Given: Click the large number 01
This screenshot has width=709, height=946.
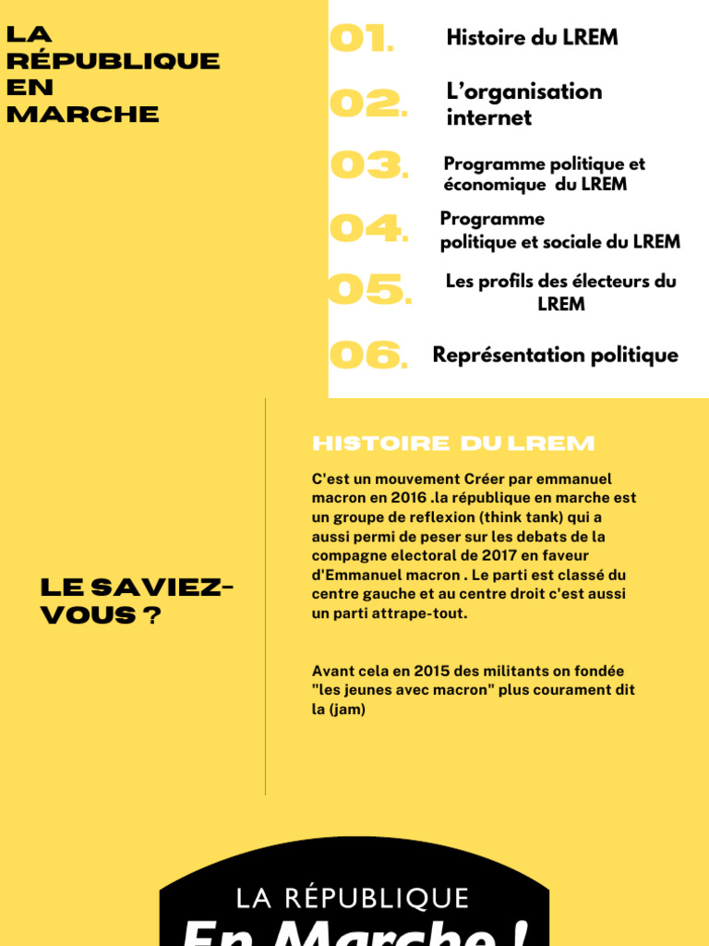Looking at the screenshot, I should click(361, 39).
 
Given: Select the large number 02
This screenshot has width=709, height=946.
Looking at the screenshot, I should click(367, 103).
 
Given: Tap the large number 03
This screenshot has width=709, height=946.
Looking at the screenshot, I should click(367, 165).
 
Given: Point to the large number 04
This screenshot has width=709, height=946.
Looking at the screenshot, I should click(367, 227).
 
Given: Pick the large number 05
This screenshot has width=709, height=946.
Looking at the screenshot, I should click(367, 289).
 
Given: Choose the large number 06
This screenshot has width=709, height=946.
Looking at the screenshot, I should click(367, 355).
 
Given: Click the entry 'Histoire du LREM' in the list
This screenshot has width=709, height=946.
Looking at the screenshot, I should click(532, 38).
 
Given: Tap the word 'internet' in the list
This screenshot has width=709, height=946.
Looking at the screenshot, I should click(488, 118).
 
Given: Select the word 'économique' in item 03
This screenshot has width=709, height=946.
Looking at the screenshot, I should click(495, 185).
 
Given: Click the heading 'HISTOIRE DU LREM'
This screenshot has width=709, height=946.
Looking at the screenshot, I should click(453, 443).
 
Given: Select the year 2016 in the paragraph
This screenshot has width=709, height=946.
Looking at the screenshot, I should click(408, 497).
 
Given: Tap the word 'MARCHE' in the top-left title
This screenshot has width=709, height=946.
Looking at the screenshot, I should click(82, 115).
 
